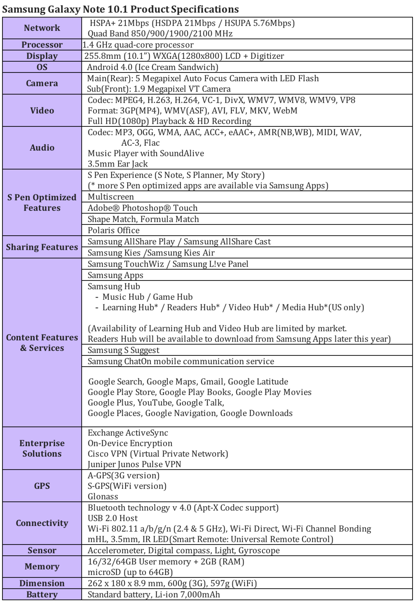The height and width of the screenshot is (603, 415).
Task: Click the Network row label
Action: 42,28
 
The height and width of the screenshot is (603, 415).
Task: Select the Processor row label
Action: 42,45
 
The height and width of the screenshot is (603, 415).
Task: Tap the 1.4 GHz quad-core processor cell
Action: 138,45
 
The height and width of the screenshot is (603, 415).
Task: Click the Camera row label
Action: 42,83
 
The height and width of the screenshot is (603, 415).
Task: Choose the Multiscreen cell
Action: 111,197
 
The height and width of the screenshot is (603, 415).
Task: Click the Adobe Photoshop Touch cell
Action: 142,208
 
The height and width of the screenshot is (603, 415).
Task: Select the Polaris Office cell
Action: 113,230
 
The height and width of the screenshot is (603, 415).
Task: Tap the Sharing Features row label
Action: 42,247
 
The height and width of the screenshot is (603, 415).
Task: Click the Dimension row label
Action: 42,583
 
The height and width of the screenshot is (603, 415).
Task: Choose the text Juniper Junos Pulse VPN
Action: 134,464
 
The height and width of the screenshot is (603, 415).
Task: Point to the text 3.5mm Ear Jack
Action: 118,164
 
